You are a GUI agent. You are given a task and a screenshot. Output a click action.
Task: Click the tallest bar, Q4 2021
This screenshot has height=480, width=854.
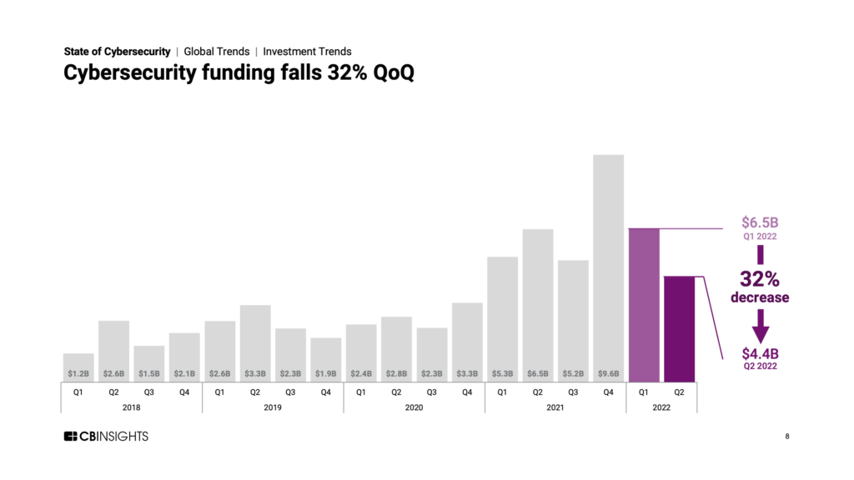click(608, 267)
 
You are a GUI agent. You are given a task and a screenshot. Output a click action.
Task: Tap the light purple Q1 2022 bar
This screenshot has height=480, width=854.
click(643, 303)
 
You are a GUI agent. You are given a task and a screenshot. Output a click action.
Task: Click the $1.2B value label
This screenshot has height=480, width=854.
click(78, 373)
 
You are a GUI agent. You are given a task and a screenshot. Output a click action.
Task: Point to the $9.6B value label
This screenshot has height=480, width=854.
click(608, 373)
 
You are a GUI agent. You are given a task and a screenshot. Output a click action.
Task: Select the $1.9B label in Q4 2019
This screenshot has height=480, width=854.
click(325, 373)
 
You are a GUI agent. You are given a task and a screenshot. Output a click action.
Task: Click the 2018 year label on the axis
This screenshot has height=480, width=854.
click(131, 407)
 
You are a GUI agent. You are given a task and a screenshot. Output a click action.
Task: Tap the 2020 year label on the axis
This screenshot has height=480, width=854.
click(414, 407)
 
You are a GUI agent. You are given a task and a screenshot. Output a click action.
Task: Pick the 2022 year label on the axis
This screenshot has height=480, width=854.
click(661, 407)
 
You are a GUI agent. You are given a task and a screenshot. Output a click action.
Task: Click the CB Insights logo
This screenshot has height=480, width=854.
click(106, 437)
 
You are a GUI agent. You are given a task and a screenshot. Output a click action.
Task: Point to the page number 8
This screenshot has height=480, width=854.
click(787, 437)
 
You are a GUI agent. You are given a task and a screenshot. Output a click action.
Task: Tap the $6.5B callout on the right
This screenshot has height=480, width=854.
click(760, 223)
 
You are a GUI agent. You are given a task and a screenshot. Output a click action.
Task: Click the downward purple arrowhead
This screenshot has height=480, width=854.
click(760, 327)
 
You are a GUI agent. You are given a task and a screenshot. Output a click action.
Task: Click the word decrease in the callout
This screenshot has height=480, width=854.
click(760, 297)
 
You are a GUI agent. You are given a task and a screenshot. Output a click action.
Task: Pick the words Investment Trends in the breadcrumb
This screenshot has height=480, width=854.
click(307, 52)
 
